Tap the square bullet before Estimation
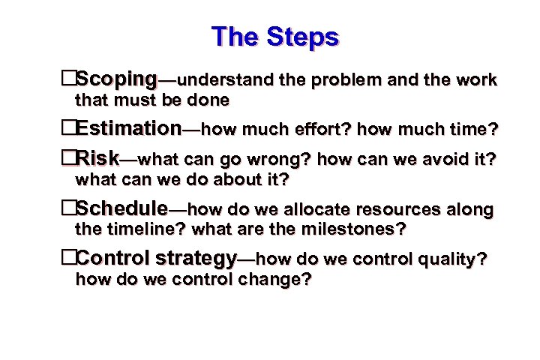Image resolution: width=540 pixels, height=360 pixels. (x=69, y=129)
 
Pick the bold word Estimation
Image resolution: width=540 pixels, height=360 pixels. (x=128, y=129)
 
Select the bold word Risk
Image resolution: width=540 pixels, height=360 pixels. (x=97, y=158)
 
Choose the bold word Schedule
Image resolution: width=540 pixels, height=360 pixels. (x=122, y=208)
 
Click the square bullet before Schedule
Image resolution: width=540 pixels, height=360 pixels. (x=69, y=208)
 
